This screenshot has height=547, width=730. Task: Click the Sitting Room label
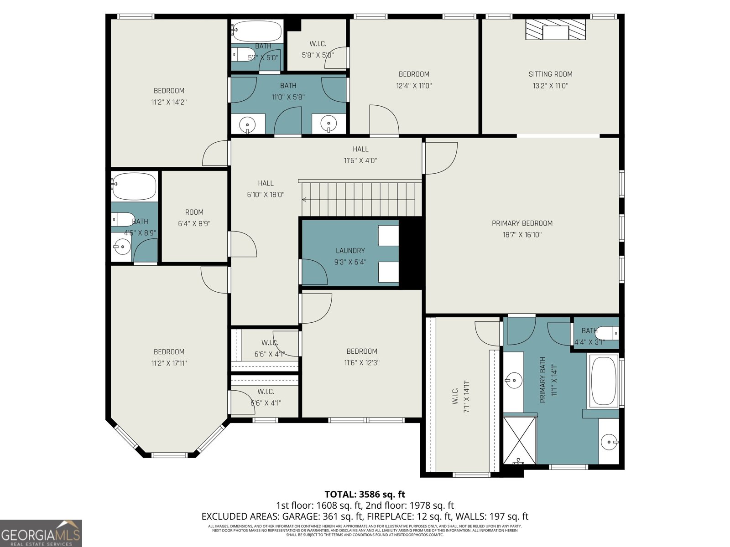coord(550,74)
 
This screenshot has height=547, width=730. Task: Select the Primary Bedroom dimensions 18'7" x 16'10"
coord(522,235)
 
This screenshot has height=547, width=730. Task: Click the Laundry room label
coord(350,250)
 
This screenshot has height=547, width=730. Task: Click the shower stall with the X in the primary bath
coord(520,439)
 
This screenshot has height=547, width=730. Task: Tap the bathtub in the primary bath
coord(604,381)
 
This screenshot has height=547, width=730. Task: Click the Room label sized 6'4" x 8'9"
coord(194,212)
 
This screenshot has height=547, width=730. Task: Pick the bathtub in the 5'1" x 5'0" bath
coord(256,31)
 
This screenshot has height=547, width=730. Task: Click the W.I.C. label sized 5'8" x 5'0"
coord(318,44)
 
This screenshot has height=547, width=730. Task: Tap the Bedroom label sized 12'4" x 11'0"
coord(414,74)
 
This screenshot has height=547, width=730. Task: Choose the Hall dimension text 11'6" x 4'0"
coord(360,160)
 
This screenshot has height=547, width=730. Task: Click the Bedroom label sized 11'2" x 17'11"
coord(169,351)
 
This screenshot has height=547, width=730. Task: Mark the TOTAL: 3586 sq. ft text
coord(365,494)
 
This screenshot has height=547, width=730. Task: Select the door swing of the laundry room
coord(314,272)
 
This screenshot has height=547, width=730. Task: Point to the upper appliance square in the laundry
coord(388,236)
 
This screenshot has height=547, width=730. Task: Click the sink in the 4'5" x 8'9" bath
coord(122,248)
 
